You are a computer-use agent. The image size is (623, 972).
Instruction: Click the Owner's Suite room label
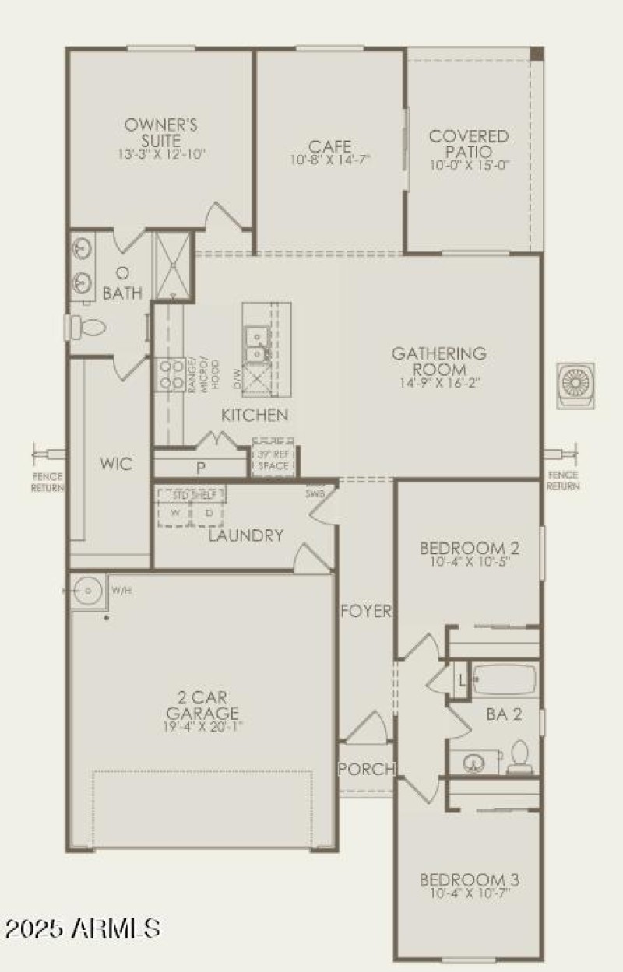point(161,132)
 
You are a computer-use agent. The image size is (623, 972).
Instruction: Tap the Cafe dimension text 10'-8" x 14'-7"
point(329,160)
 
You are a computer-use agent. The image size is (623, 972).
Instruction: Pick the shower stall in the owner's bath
point(172,265)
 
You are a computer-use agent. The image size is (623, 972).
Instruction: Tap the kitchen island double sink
point(255,345)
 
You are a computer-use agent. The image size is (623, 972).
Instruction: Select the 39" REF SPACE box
point(273,460)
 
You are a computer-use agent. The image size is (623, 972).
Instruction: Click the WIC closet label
point(115,465)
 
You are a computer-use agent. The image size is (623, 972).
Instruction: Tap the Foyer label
point(366,612)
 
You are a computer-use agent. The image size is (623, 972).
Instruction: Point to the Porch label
point(366,769)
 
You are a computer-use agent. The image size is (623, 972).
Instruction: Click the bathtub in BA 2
point(504,679)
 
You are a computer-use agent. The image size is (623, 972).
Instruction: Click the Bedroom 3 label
point(470,880)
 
